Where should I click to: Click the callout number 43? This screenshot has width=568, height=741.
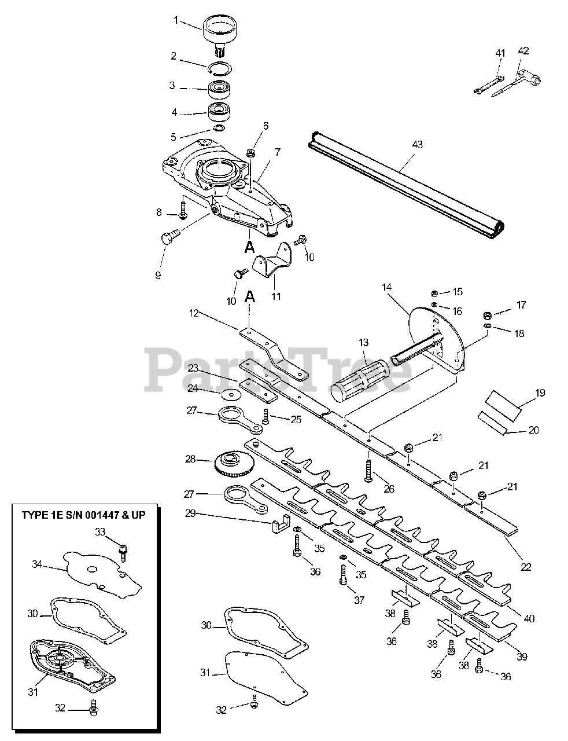[x=416, y=144]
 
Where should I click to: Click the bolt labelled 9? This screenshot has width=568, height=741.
[x=169, y=238]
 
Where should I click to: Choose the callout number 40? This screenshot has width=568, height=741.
[x=529, y=618]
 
